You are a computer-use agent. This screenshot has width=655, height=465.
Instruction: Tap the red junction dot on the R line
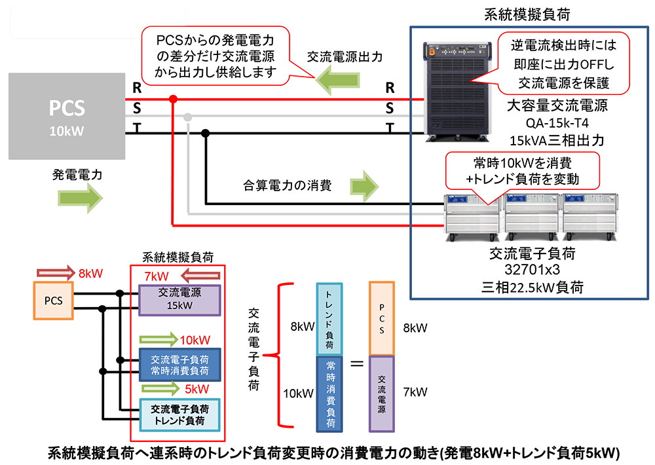[x=173, y=100]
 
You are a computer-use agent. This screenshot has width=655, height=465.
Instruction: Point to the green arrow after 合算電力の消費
[x=364, y=186]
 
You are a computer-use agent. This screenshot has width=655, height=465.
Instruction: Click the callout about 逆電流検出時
[x=563, y=64]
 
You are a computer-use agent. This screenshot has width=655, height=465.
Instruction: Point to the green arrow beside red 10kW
[x=158, y=339]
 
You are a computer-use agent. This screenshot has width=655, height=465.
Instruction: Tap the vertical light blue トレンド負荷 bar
[x=329, y=319]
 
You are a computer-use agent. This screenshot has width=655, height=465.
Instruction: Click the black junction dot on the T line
[x=205, y=134]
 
